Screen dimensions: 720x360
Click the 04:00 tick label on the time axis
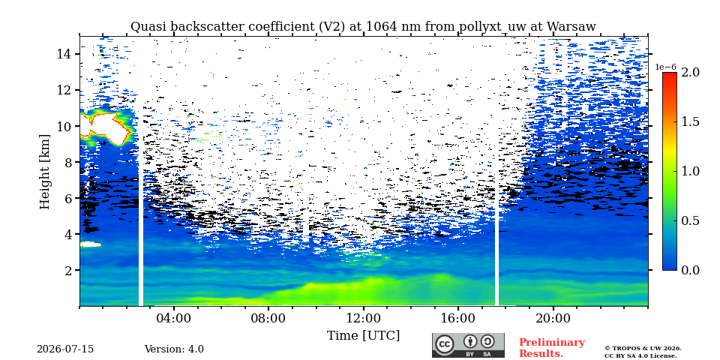click(175, 318)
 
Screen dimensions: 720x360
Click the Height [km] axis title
click(44, 172)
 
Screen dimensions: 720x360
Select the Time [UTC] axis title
click(363, 336)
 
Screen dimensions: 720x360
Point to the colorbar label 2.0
click(690, 73)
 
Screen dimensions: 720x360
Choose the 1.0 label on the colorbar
click(690, 171)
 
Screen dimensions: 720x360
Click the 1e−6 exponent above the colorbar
click(666, 67)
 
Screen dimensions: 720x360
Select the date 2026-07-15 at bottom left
click(65, 349)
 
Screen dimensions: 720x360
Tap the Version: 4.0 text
click(174, 349)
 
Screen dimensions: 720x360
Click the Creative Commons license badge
click(468, 345)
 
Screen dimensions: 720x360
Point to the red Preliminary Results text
click(552, 348)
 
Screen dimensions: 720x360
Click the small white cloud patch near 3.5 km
click(91, 244)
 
